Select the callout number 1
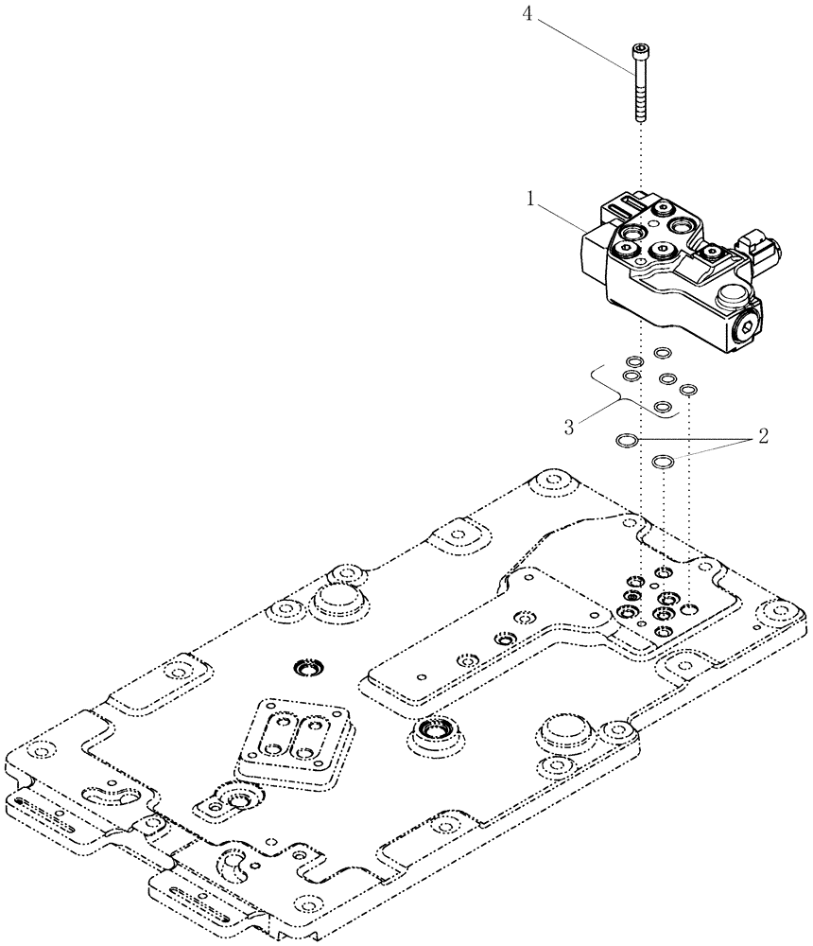click(532, 201)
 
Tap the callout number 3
click(570, 426)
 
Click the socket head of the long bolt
click(641, 51)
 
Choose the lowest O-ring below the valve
click(664, 463)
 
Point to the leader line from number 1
click(563, 219)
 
